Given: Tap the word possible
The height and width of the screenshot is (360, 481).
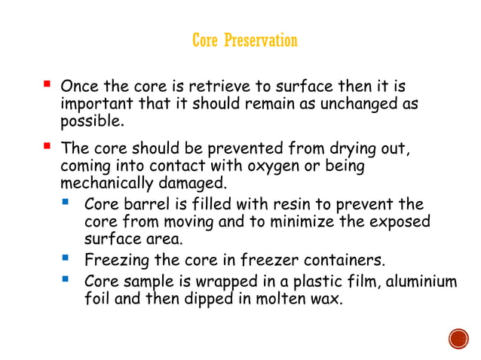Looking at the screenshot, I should coord(90,121).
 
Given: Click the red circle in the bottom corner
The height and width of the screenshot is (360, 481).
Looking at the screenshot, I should coord(458,340).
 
